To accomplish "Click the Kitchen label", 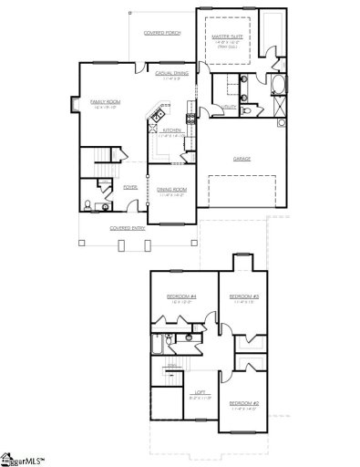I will (x=171, y=130).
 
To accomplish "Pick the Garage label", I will (x=241, y=159).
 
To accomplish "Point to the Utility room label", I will (x=231, y=107).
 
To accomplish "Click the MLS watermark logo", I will (x=25, y=457).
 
